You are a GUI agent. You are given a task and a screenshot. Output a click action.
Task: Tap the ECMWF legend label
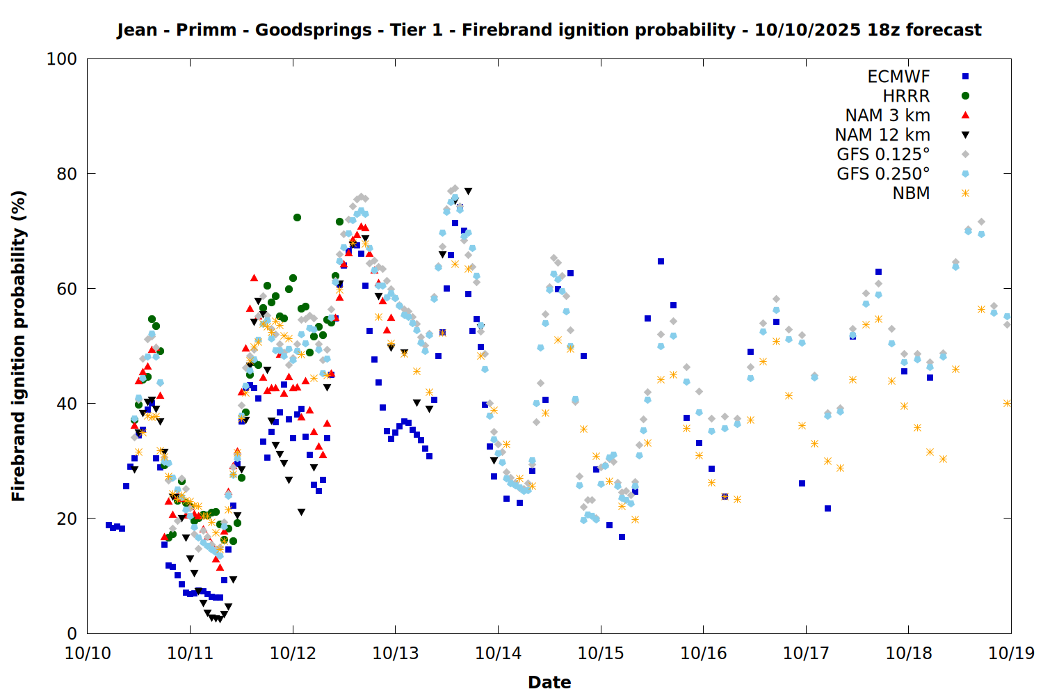click(x=898, y=77)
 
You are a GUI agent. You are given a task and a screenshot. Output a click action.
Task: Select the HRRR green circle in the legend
click(x=965, y=96)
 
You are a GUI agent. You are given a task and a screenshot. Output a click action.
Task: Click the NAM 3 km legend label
click(x=887, y=116)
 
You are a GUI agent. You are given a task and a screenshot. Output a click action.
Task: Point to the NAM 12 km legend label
click(x=882, y=135)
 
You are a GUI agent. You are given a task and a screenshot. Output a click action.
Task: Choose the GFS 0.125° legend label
click(x=883, y=155)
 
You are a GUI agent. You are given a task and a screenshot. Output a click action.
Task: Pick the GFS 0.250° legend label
click(x=883, y=174)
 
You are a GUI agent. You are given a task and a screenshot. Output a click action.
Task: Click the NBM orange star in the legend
click(x=965, y=193)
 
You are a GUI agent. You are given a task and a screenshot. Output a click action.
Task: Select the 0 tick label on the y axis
click(x=72, y=633)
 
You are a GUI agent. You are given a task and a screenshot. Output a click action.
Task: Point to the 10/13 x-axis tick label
click(x=395, y=654)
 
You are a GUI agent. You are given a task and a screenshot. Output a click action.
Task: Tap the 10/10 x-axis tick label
click(x=88, y=654)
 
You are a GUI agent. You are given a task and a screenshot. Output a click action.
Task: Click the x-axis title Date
click(x=549, y=682)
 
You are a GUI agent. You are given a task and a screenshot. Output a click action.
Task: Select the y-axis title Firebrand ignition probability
click(x=19, y=346)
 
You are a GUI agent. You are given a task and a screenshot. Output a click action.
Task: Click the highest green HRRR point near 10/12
click(x=297, y=217)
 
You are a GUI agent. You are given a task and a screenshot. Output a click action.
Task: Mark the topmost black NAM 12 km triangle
click(x=469, y=191)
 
